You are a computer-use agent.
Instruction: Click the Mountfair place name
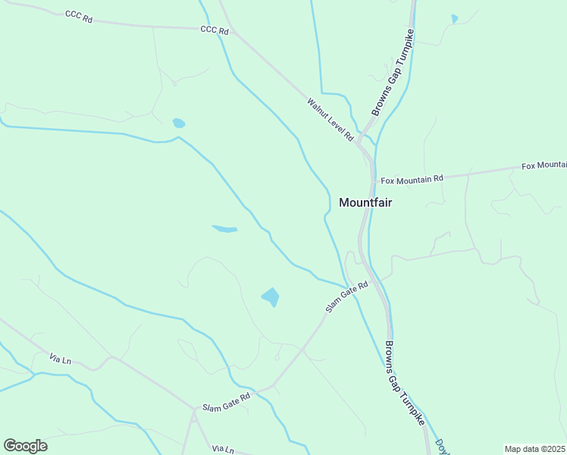[x=365, y=202]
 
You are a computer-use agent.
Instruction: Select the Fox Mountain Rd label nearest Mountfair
[x=412, y=180]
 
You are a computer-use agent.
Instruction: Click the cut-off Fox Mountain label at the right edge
[x=544, y=165]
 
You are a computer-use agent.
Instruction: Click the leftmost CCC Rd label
[x=78, y=16]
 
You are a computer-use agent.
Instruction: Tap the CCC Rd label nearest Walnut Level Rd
[x=215, y=30]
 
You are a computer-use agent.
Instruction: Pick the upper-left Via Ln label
[x=59, y=357]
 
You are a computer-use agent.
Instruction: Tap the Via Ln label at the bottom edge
[x=223, y=449]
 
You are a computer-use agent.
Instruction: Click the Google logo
[x=25, y=446]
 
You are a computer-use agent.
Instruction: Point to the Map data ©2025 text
[x=535, y=449]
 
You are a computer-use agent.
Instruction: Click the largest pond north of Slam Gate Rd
[x=271, y=297]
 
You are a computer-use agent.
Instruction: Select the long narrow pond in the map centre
[x=224, y=228]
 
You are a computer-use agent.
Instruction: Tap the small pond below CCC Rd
[x=179, y=123]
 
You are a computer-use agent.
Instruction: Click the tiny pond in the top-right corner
[x=455, y=18]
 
